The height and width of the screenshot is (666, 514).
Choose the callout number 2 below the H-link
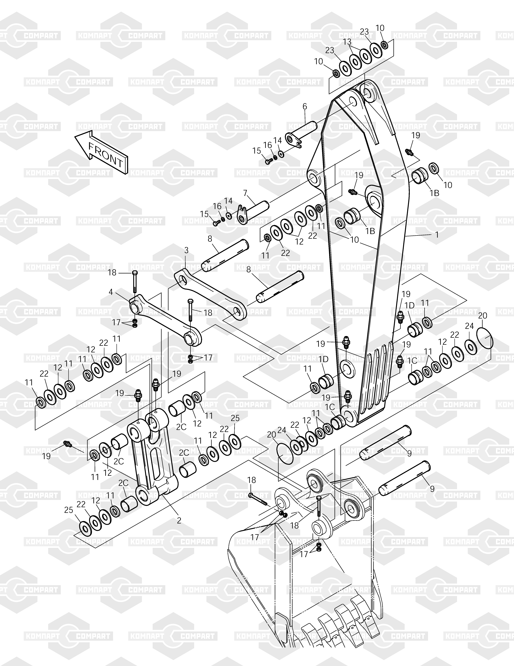point(179,520)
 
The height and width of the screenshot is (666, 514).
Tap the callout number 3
point(186,250)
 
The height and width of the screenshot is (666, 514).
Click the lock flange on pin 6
point(294,140)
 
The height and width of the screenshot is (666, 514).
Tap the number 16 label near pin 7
point(217,206)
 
